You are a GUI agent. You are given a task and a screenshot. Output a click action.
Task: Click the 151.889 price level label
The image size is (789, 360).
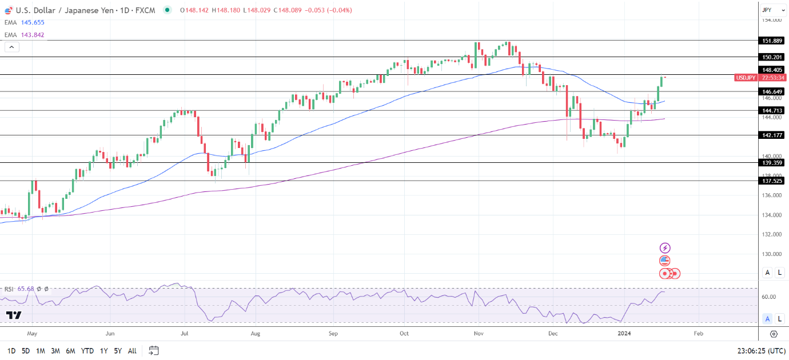pos(772,41)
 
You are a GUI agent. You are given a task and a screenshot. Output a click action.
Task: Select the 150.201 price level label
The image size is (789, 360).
pos(772,57)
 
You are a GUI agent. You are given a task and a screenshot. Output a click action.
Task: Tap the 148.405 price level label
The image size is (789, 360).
pos(772,70)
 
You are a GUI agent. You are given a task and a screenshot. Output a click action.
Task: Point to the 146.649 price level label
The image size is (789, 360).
pos(772,91)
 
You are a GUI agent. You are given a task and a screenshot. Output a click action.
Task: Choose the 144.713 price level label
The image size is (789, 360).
pos(772,110)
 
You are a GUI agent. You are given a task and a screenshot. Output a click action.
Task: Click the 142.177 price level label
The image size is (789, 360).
pos(772,135)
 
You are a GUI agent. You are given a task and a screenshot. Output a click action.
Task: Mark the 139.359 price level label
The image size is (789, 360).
pos(772,162)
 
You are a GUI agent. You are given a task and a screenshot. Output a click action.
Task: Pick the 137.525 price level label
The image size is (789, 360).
pos(772,181)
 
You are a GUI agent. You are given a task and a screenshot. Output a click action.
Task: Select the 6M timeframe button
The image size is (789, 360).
pos(70,350)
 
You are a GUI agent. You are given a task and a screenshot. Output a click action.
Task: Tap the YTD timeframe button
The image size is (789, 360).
pos(87,350)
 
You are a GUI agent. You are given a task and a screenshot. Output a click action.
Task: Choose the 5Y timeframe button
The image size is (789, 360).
pos(117,350)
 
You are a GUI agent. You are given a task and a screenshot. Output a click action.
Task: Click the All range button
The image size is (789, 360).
pos(132,350)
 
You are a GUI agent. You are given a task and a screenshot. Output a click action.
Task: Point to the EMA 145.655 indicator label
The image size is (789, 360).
pos(23,22)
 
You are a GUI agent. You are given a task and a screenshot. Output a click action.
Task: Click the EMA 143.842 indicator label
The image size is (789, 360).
pos(23,35)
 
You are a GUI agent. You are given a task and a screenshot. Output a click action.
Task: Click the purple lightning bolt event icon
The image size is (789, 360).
pos(665,248)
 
